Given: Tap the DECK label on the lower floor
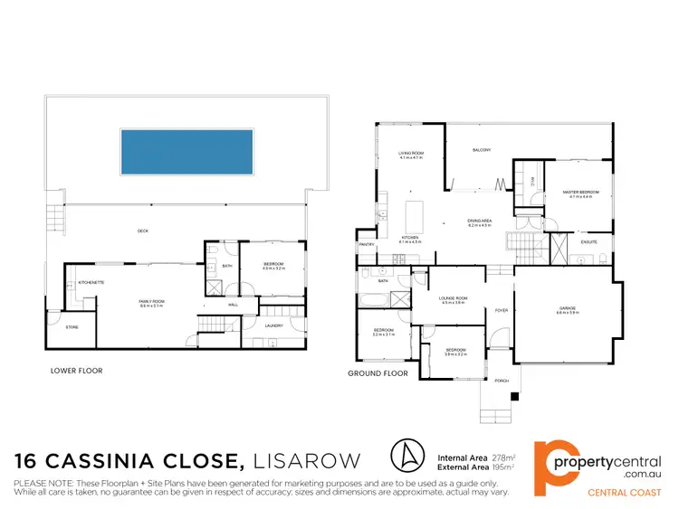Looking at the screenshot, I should coord(142,231).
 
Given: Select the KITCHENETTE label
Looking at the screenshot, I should coord(91,283).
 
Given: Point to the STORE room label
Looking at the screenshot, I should coord(72,327).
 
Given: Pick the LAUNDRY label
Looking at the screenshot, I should coord(275,326).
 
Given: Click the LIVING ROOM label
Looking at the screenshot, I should coord(412,154).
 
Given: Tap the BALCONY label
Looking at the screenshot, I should coord(481,150).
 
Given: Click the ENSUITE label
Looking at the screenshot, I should coord(577,240).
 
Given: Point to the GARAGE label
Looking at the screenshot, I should coord(568,309).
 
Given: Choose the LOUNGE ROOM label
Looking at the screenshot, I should coord(453,298).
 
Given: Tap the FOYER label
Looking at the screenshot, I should coord(500,310).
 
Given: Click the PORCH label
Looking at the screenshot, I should coord(502,380).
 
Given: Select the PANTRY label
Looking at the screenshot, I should coord(367,244).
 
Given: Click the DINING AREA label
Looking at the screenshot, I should coord(479,221).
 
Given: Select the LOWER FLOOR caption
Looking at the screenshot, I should coord(77,371).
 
